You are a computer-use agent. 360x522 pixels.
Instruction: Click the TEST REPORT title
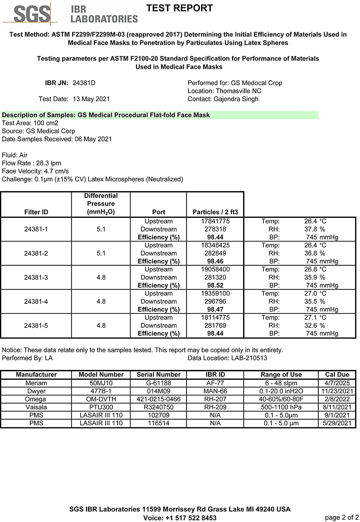(x=179, y=8)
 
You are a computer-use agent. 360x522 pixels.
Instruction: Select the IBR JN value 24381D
(x=84, y=83)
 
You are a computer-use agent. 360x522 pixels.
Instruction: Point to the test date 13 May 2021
(x=91, y=99)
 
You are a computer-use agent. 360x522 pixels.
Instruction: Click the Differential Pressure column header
(x=101, y=204)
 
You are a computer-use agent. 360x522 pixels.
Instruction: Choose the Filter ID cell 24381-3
(x=36, y=278)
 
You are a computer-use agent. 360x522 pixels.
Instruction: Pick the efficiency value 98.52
(x=215, y=286)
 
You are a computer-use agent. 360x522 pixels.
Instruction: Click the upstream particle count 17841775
(x=215, y=221)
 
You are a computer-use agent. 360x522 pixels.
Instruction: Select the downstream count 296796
(x=215, y=302)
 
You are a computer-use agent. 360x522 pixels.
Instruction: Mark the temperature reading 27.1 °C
(x=315, y=318)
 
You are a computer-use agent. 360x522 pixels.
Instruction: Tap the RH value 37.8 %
(x=314, y=229)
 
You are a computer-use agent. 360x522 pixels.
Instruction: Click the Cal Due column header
(x=337, y=375)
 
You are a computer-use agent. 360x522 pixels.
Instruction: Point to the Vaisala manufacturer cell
(x=36, y=407)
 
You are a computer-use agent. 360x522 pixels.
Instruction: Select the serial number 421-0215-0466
(x=159, y=399)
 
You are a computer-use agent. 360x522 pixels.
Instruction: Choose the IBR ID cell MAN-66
(x=215, y=391)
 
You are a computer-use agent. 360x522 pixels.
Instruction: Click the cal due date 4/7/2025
(x=337, y=383)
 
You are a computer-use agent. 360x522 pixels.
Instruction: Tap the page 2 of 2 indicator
(x=341, y=517)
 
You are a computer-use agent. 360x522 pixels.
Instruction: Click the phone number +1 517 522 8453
(x=191, y=518)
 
